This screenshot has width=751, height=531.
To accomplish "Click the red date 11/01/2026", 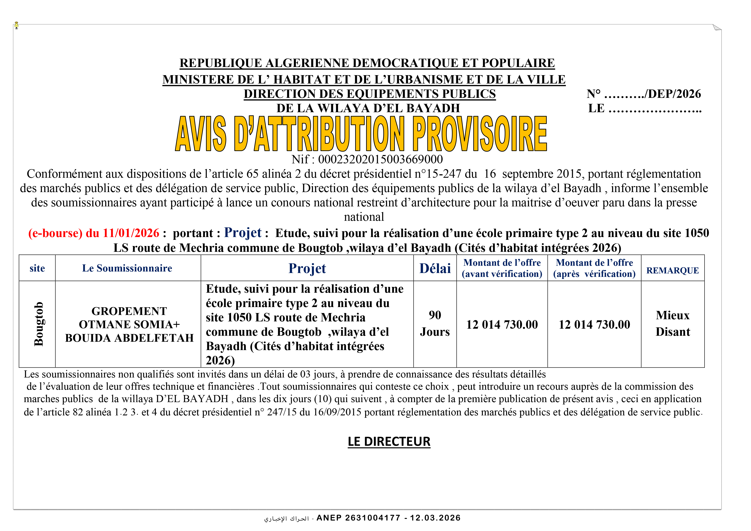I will pyautogui.click(x=131, y=233).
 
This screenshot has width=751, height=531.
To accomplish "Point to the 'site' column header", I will pyautogui.click(x=37, y=268).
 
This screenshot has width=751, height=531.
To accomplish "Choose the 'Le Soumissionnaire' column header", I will pyautogui.click(x=127, y=268).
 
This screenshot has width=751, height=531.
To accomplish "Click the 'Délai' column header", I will pyautogui.click(x=435, y=268).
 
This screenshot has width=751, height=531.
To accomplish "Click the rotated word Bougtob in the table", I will pyautogui.click(x=39, y=324).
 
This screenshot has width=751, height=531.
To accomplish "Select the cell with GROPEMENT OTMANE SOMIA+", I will pyautogui.click(x=129, y=324).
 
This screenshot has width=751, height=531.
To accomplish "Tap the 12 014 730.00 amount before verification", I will pyautogui.click(x=502, y=325).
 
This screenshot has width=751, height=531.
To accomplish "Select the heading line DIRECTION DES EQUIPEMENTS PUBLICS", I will pyautogui.click(x=370, y=94).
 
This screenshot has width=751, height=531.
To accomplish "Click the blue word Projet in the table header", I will pyautogui.click(x=307, y=268).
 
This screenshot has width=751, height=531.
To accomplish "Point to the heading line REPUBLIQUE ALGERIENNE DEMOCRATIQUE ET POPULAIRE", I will pyautogui.click(x=367, y=63).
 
